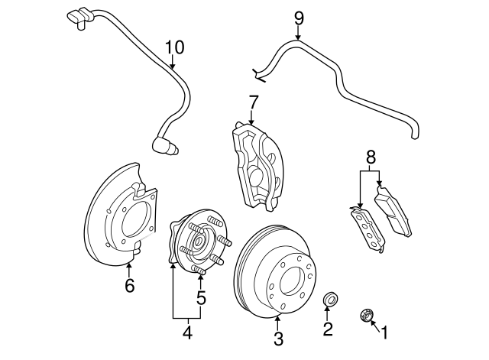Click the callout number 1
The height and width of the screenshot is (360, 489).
[384, 332]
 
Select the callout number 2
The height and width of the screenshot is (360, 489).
[328, 329]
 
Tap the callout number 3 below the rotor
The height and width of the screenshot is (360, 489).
[278, 337]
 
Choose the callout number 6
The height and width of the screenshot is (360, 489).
[129, 286]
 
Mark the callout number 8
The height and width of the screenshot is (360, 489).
[371, 158]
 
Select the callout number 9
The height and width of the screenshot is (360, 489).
[298, 17]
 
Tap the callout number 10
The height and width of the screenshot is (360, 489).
[174, 47]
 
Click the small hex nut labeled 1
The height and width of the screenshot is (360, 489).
[366, 314]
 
